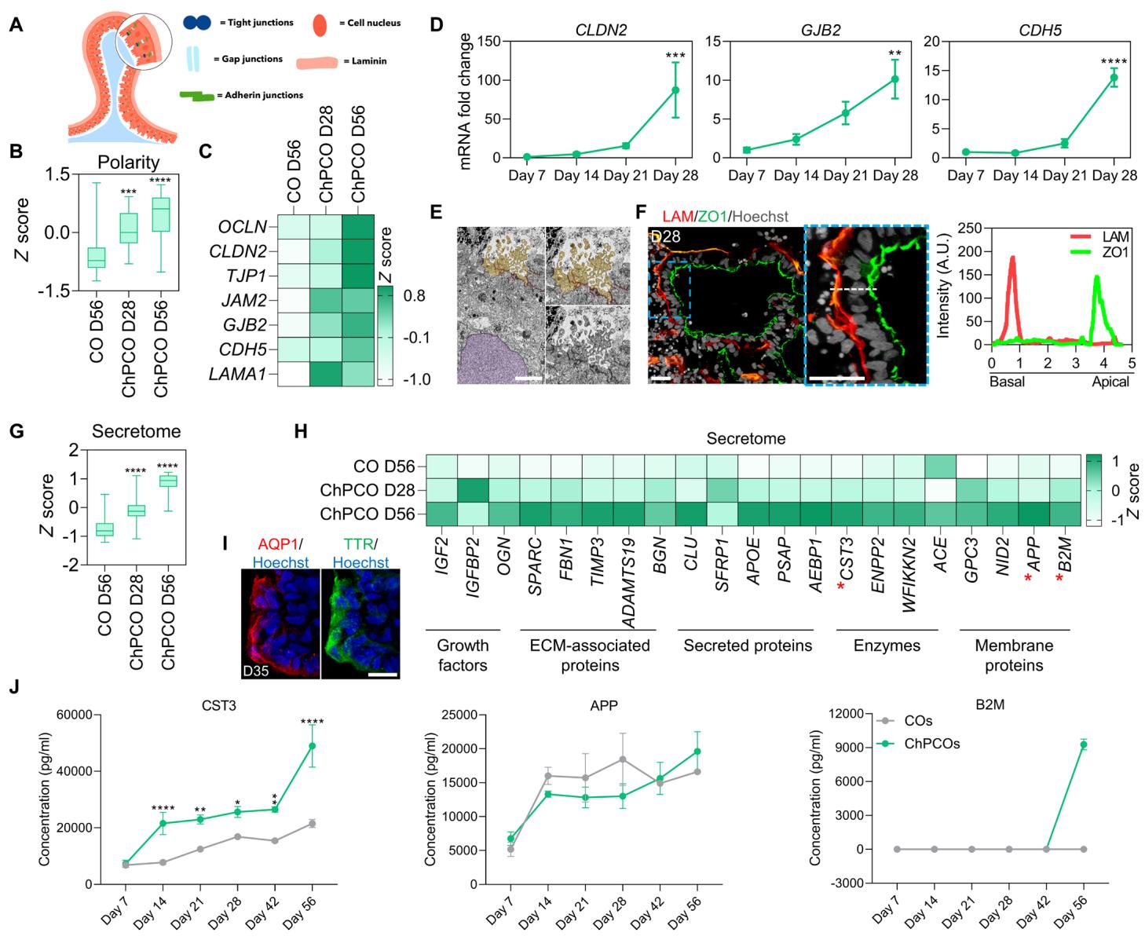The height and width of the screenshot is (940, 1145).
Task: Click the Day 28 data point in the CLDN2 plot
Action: (x=675, y=90)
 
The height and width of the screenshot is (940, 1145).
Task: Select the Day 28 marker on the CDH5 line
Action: (x=1113, y=77)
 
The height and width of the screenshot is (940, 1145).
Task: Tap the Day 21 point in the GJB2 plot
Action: (x=846, y=113)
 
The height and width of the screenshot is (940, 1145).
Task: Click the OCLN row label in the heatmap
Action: (x=243, y=227)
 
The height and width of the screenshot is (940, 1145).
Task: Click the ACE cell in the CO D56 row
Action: (x=940, y=466)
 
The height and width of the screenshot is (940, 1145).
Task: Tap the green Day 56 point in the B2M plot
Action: (x=1084, y=744)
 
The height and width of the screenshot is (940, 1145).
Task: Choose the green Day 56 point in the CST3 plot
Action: (x=312, y=745)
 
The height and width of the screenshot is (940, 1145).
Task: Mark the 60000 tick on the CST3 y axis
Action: (x=72, y=715)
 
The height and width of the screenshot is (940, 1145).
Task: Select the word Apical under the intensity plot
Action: (x=1110, y=382)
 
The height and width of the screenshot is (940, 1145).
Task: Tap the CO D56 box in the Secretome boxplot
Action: (x=104, y=529)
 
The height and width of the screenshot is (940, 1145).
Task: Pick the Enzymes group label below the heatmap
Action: (x=887, y=646)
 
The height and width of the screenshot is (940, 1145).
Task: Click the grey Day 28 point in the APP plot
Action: (x=622, y=759)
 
